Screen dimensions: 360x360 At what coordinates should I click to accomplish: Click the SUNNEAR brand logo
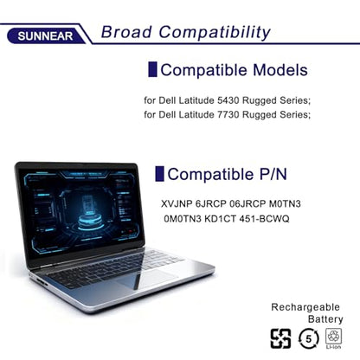pyautogui.click(x=45, y=36)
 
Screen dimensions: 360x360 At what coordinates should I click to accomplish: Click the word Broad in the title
pyautogui.click(x=126, y=32)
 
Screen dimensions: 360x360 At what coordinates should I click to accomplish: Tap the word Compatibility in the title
pyautogui.click(x=215, y=33)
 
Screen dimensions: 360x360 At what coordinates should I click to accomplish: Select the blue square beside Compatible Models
pyautogui.click(x=152, y=69)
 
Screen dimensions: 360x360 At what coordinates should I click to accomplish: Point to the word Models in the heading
pyautogui.click(x=280, y=70)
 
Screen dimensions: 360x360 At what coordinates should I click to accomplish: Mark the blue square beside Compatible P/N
pyautogui.click(x=159, y=174)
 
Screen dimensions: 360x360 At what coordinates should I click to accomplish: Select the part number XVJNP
pyautogui.click(x=177, y=204)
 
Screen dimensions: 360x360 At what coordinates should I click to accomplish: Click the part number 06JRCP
pyautogui.click(x=247, y=204)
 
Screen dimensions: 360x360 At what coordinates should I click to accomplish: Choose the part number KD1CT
pyautogui.click(x=220, y=219)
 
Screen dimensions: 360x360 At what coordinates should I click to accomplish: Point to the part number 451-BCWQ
pyautogui.click(x=264, y=219)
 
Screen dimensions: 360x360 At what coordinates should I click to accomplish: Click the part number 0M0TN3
pyautogui.click(x=183, y=219)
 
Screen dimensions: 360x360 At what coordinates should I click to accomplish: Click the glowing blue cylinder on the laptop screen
pyautogui.click(x=90, y=218)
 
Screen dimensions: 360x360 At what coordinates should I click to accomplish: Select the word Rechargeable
pyautogui.click(x=305, y=307)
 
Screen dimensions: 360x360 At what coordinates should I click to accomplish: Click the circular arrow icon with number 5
pyautogui.click(x=309, y=338)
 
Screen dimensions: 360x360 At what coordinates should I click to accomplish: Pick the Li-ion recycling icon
pyautogui.click(x=333, y=338)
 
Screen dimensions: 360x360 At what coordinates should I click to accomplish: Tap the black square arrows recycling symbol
pyautogui.click(x=280, y=338)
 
